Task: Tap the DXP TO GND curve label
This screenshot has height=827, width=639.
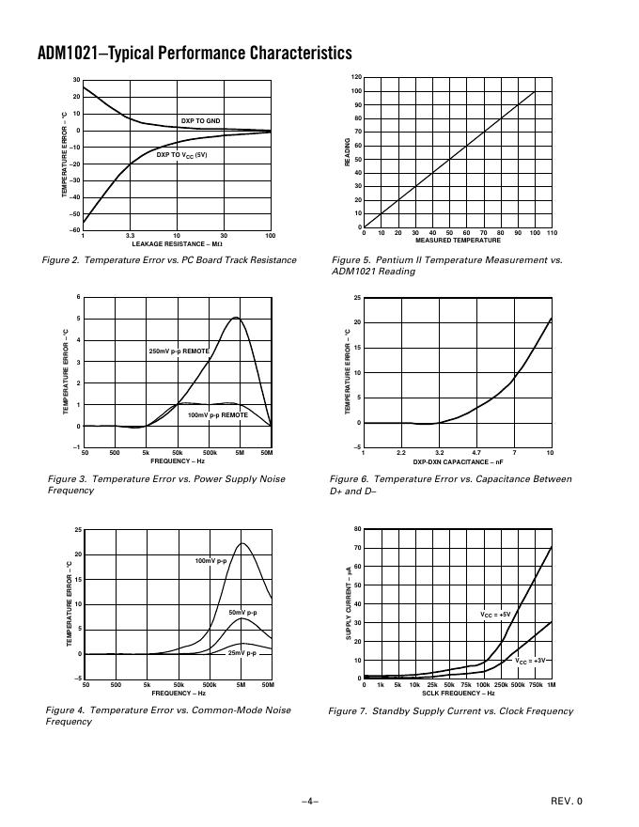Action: pos(200,121)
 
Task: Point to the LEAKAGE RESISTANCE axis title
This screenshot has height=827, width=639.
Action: pos(177,243)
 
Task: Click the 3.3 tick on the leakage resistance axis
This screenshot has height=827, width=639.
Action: pos(130,235)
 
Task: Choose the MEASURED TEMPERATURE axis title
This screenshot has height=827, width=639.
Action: pos(458,240)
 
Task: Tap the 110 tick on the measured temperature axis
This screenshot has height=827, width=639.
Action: pos(552,232)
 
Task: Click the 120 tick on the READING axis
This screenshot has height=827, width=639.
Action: pos(356,77)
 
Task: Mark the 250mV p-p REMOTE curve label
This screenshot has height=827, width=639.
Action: pos(179,351)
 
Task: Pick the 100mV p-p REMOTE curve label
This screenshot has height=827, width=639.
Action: pos(218,414)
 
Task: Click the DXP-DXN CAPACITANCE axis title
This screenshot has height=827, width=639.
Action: pos(458,461)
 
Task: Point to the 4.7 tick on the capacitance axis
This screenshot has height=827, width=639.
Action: pos(476,453)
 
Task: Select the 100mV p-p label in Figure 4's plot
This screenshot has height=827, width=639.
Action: pos(211,561)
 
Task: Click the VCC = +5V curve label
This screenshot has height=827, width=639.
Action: pos(495,615)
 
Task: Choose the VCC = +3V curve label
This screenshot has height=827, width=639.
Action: pos(531,661)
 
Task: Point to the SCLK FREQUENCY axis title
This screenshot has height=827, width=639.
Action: pos(458,694)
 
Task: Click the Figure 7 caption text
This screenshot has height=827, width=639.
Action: pos(450,711)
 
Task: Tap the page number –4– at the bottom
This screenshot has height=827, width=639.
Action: pos(310,801)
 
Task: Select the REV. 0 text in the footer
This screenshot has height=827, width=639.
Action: pos(567,801)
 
